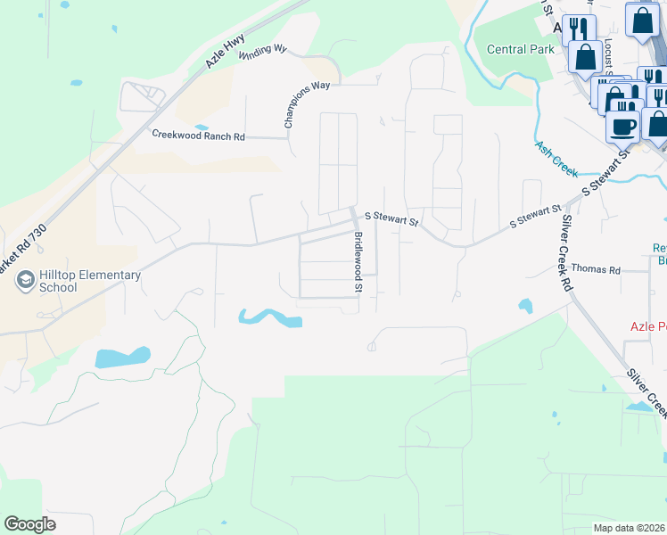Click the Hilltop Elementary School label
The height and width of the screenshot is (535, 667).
(89, 281)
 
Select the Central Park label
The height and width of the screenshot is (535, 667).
(521, 49)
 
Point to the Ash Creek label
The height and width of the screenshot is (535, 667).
(556, 156)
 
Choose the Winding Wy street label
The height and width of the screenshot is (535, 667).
(262, 51)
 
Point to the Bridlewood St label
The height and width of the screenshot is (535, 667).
(358, 262)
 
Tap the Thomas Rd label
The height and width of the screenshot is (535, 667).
(595, 267)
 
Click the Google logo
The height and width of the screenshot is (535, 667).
(29, 523)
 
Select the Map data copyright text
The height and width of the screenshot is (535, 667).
(630, 527)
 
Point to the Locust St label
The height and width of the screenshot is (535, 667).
(607, 50)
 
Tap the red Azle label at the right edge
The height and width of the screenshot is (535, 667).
(648, 326)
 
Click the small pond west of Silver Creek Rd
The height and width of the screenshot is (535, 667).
(525, 306)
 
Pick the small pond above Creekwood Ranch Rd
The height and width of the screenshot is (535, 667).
(201, 127)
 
